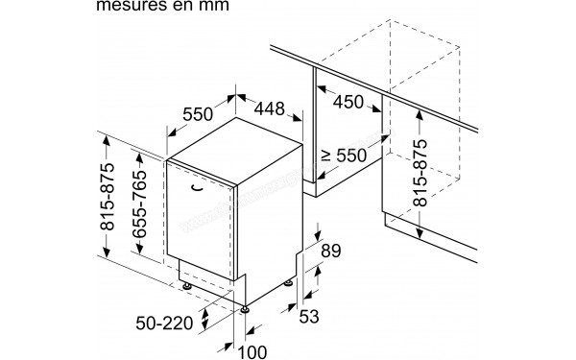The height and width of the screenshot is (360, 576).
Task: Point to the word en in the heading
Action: pyautogui.click(x=200, y=7)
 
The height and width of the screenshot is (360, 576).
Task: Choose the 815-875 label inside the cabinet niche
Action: pyautogui.click(x=420, y=164)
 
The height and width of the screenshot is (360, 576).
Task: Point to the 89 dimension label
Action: pyautogui.click(x=328, y=252)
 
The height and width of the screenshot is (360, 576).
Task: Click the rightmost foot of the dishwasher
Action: pyautogui.click(x=289, y=282)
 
